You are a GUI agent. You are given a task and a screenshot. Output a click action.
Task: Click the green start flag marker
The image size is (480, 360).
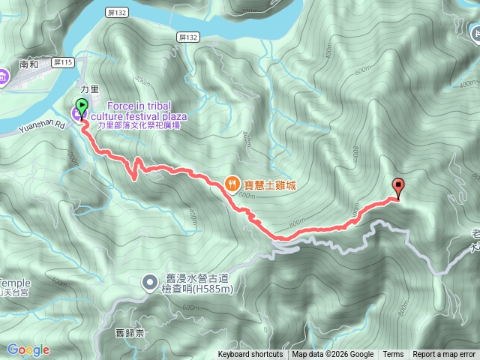[82, 106]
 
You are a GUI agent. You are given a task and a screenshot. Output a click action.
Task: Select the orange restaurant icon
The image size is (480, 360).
[233, 183]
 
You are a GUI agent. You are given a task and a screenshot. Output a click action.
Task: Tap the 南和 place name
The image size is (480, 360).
[29, 65]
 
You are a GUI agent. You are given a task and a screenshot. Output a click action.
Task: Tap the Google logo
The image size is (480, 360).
[28, 350]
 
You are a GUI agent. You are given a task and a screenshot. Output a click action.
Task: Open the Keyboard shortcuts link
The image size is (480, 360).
[250, 355]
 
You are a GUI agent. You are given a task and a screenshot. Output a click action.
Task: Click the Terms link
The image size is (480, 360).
[393, 355]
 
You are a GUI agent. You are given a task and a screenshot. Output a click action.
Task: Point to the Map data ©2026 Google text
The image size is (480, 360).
[333, 355]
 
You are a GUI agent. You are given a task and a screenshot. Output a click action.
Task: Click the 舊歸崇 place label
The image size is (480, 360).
[130, 330]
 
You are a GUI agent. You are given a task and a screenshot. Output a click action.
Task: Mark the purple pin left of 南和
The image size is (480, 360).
[3, 75]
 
